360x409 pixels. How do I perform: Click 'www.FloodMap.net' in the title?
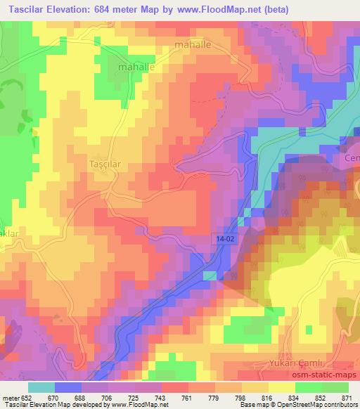pyautogui.click(x=221, y=9)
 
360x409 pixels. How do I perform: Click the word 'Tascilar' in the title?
pyautogui.click(x=28, y=9)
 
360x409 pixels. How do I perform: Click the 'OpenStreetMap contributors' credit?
pyautogui.click(x=321, y=404)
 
